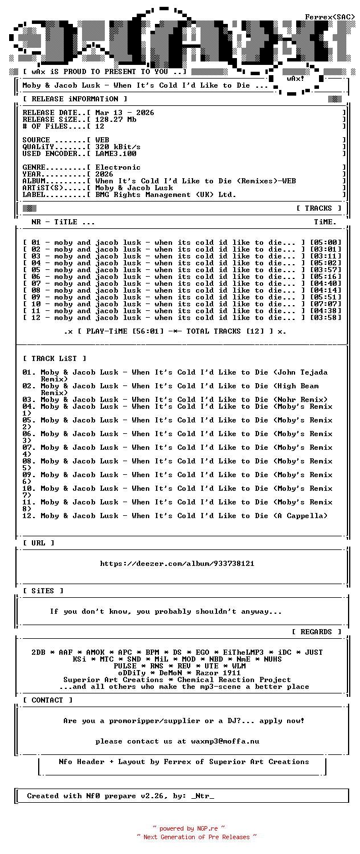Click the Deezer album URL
177,564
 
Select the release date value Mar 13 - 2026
124,113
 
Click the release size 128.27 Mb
116,120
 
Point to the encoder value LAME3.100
116,154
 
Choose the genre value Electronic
118,167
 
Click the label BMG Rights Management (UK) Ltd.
165,195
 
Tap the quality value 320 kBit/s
118,147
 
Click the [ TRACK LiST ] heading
55,359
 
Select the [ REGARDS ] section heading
317,632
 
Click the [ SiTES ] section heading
43,591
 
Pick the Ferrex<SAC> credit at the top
330,17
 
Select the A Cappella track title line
175,516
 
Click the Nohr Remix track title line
175,400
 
